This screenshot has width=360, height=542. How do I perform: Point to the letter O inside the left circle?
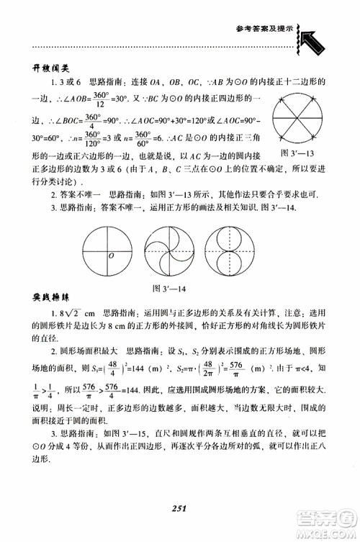point(109,256)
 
